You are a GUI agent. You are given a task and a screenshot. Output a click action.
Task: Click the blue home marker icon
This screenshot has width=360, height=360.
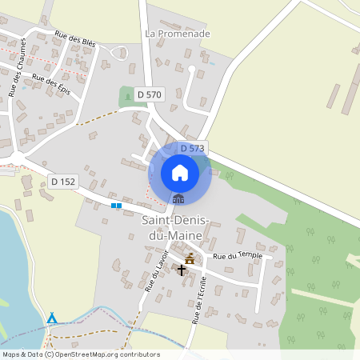180,171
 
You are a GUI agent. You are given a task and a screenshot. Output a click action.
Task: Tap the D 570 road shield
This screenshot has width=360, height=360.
149,94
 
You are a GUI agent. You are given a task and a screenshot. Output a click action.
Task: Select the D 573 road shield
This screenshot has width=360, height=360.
193,148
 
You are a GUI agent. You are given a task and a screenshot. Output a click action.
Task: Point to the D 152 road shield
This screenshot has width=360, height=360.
62,182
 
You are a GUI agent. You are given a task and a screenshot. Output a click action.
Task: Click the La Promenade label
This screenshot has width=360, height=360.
178,34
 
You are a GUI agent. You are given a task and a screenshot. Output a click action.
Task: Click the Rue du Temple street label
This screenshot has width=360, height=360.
238,255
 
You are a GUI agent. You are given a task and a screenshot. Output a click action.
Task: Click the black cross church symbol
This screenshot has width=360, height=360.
182,270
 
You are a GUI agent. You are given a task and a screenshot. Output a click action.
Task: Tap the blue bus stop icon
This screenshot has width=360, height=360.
117,206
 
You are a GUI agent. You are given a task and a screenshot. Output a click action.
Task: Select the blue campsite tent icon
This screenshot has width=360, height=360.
52,318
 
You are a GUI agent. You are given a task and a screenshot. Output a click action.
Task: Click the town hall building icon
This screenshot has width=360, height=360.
178,199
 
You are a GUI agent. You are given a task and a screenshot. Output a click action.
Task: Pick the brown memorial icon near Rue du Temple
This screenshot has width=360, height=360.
190,258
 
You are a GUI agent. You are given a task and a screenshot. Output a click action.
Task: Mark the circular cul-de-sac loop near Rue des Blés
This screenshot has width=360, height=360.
122,53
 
